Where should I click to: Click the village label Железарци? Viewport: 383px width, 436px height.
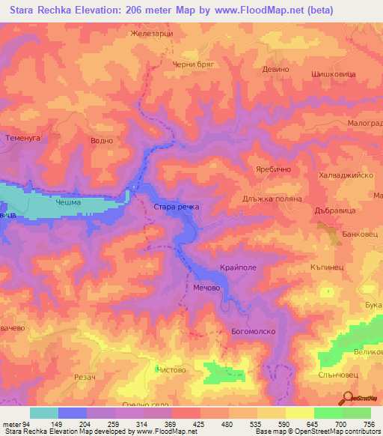151,34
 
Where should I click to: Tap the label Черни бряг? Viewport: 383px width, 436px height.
194,65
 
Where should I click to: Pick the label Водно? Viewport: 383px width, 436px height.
100,140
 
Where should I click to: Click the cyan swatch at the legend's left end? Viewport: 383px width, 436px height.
44,413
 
